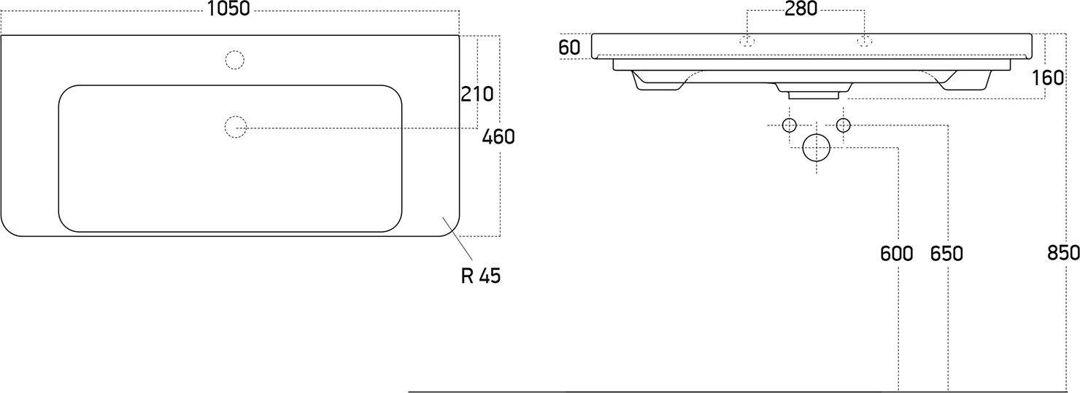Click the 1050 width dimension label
point(228,9)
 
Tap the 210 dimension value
point(477,94)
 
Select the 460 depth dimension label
point(498,137)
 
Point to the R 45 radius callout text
point(481,276)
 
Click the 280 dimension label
point(801,9)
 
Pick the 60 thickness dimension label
point(569,47)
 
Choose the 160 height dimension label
point(1048,77)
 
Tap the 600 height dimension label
point(896,254)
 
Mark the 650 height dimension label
point(946,254)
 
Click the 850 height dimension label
point(1063,253)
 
